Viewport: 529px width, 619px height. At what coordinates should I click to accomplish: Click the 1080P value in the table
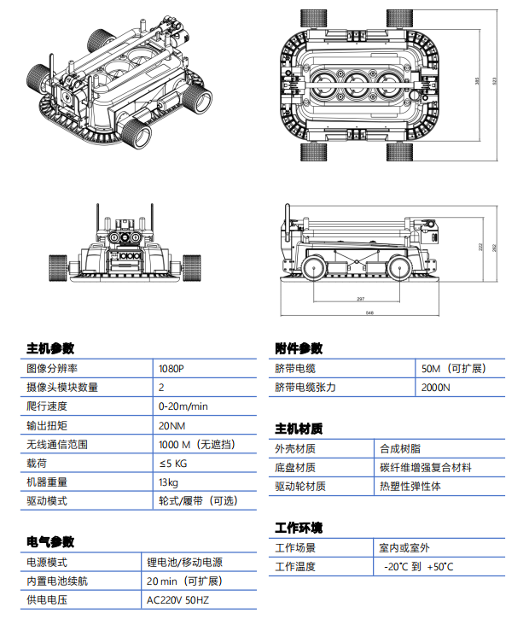171,368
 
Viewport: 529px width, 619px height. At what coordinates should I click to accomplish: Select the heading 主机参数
50,348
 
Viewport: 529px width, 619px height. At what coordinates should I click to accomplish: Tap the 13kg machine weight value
168,482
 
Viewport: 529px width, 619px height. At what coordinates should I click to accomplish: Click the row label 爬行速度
47,406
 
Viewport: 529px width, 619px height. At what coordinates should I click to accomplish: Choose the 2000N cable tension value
436,387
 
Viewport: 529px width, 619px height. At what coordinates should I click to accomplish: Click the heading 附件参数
299,348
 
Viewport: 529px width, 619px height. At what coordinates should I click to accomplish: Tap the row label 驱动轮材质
300,486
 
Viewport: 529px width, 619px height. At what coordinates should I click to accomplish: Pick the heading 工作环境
299,528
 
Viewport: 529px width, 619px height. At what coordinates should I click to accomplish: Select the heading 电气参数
50,542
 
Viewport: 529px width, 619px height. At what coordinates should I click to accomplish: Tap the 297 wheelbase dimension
359,299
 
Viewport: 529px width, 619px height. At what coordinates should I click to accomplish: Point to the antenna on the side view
288,220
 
